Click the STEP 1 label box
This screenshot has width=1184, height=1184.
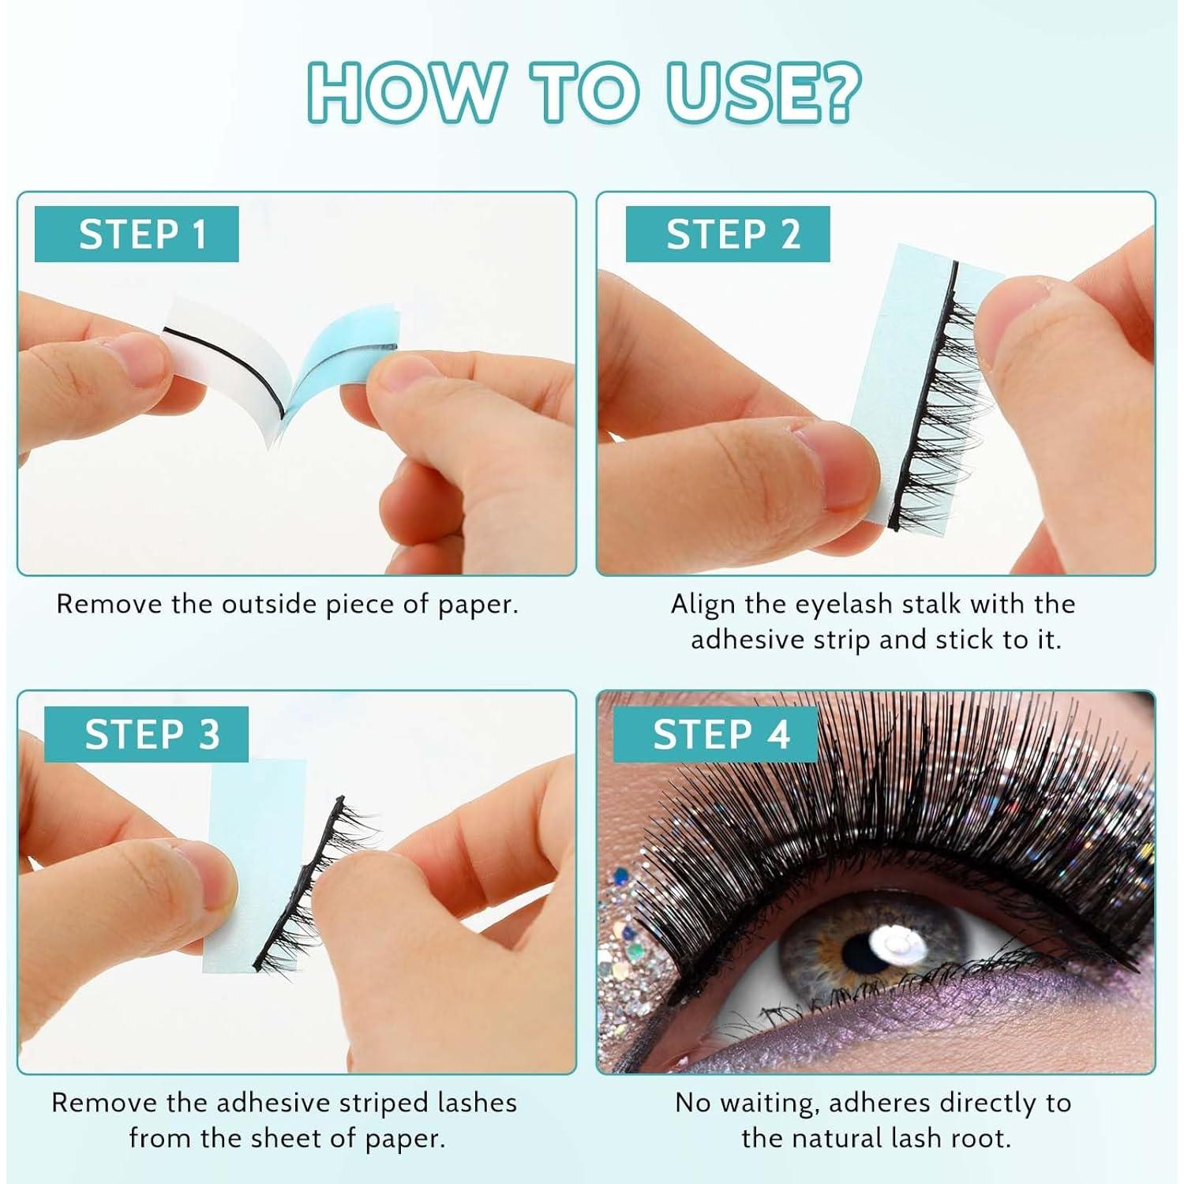point(137,234)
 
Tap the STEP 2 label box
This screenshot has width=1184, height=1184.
point(728,234)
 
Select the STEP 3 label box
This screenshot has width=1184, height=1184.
point(146,734)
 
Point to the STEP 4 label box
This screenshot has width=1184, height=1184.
point(715,734)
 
